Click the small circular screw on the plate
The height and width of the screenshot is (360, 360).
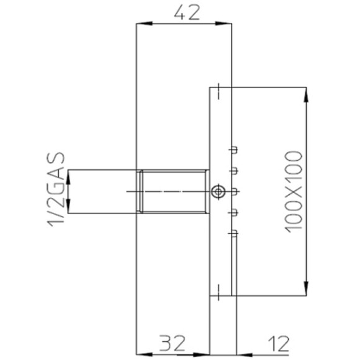tap(217, 192)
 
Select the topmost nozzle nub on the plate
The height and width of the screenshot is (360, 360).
tap(234, 149)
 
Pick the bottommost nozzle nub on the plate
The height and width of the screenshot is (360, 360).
tap(234, 233)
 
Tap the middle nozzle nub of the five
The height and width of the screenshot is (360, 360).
tap(234, 191)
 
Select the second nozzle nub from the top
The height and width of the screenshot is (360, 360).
tap(234, 169)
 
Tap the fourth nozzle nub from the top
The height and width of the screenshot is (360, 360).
tap(234, 212)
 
